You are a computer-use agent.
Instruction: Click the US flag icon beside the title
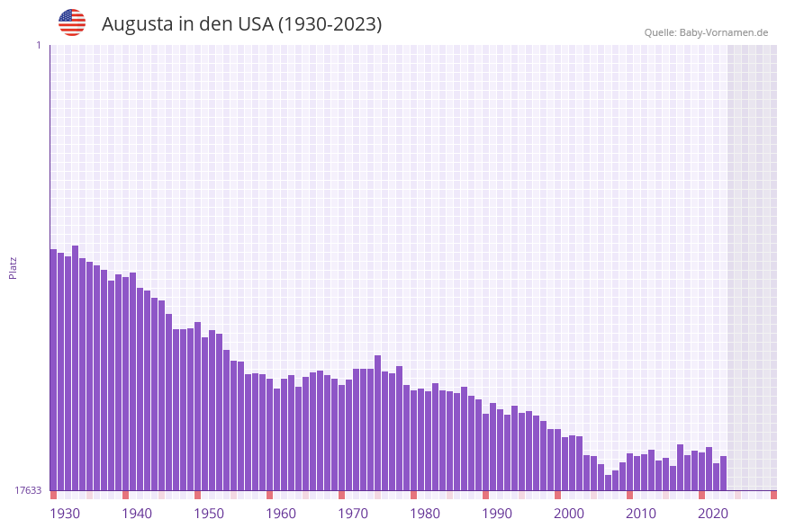(72, 22)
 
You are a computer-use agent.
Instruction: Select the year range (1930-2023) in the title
(330, 24)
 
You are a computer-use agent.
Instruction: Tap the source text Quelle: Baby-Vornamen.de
(706, 32)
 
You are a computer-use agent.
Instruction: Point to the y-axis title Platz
(13, 267)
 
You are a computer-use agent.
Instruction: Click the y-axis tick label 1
(38, 45)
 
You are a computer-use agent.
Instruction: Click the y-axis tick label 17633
(28, 490)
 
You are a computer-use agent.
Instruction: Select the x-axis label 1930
(65, 514)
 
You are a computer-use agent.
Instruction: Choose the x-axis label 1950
(209, 514)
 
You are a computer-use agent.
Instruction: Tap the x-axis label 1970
(353, 514)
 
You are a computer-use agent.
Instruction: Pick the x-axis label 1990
(497, 514)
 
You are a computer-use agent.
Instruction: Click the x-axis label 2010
(641, 514)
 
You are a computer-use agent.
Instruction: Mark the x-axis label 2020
(713, 514)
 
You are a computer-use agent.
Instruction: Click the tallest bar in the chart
(76, 369)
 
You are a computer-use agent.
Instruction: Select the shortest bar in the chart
(609, 483)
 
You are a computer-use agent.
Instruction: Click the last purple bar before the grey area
(723, 473)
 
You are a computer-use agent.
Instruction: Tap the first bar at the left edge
(54, 369)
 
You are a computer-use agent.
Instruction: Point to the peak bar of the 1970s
(378, 423)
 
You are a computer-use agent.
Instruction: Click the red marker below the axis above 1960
(269, 495)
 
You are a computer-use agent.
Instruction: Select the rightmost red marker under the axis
(773, 495)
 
